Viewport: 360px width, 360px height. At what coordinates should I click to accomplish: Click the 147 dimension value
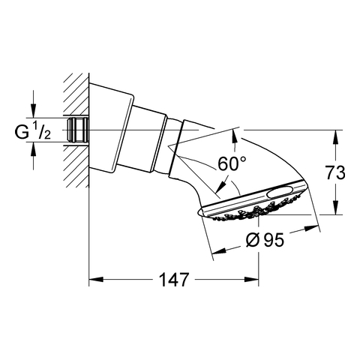173,280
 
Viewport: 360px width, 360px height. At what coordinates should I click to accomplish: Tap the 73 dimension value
335,172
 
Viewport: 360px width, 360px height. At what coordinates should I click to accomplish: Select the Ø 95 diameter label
265,240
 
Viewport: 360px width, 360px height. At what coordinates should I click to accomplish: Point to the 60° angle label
232,163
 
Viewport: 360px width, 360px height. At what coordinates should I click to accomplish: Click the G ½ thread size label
33,132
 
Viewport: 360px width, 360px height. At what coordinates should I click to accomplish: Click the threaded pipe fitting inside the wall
78,130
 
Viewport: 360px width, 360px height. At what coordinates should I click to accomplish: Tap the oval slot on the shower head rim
280,192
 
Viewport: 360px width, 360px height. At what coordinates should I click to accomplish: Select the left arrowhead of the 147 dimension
96,280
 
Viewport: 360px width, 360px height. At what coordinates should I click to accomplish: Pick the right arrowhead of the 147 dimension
251,280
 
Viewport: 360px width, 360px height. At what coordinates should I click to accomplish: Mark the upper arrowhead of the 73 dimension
336,137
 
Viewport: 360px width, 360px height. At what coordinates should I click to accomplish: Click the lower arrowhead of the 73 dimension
336,208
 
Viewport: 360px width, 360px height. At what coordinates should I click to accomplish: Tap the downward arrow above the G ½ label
33,111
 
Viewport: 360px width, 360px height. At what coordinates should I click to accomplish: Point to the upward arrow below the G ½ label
33,149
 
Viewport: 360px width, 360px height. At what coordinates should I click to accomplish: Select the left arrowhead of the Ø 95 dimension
219,250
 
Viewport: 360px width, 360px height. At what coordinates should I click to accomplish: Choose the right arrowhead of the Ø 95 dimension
312,229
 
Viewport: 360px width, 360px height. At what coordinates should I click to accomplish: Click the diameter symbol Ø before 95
252,240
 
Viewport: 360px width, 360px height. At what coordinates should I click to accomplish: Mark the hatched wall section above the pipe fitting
76,94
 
